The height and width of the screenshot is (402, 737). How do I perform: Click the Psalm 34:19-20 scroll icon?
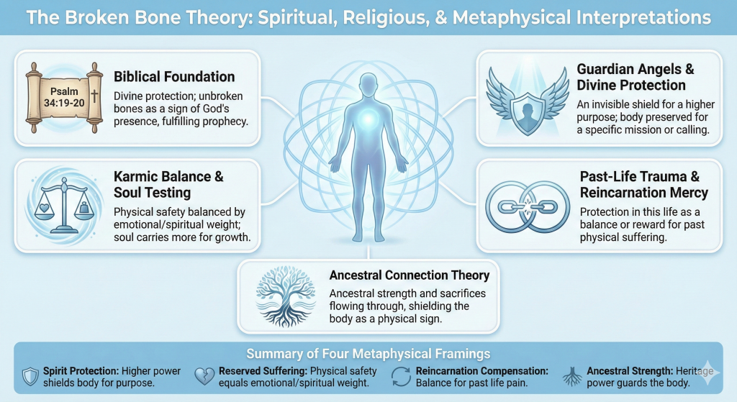(x=64, y=98)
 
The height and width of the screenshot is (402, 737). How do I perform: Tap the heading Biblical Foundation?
(x=174, y=76)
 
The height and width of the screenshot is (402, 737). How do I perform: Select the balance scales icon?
(x=64, y=205)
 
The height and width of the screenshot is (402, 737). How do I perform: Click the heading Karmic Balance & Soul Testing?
(x=168, y=185)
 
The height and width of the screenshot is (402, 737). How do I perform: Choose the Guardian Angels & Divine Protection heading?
(x=635, y=77)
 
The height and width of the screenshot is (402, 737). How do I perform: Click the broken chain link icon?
(x=528, y=206)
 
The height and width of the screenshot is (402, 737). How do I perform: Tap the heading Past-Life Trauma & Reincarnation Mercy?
(x=643, y=185)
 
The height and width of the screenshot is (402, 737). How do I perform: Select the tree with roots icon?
(x=285, y=296)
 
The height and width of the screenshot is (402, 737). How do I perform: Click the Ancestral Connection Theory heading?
(x=410, y=275)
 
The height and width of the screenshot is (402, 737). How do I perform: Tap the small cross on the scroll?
(x=94, y=96)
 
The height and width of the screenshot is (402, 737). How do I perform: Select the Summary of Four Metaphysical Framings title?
(x=368, y=354)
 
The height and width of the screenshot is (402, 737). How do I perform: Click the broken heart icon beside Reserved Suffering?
(x=204, y=376)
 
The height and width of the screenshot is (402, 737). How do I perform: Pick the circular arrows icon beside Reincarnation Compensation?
(x=401, y=377)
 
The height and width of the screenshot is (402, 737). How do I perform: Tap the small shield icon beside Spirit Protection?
(x=30, y=377)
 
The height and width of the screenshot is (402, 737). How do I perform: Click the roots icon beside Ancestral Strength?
(x=572, y=377)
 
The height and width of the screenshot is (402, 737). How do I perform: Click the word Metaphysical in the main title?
(x=512, y=18)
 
